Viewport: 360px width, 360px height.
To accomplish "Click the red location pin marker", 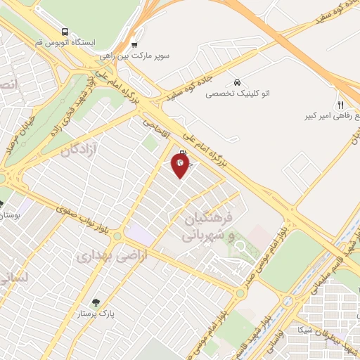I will (x=181, y=165).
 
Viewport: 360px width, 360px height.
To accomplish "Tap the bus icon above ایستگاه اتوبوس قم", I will (x=65, y=32).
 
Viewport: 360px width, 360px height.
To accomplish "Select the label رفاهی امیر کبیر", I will (x=330, y=114).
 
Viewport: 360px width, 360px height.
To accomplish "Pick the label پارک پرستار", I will (x=96, y=314).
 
